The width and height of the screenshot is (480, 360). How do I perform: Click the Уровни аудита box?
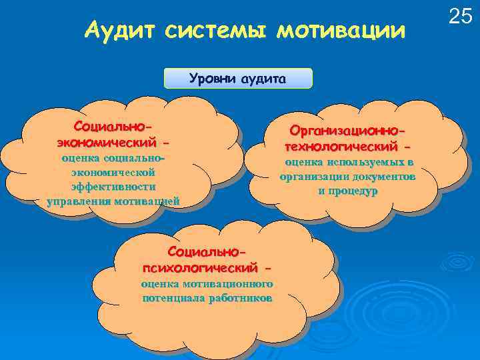(237, 79)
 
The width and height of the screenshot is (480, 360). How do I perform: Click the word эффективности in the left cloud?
(113, 187)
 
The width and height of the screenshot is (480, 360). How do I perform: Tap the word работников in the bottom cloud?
(240, 298)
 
